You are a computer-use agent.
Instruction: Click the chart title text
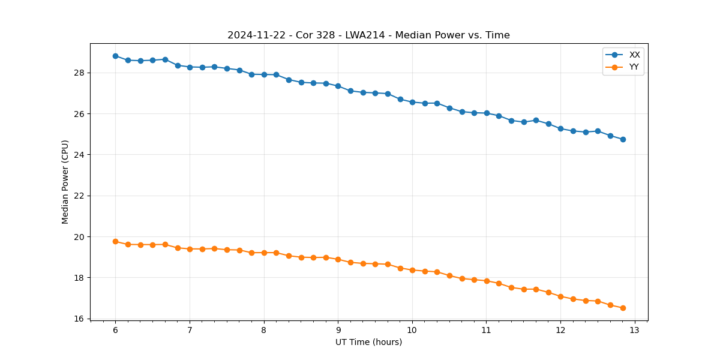[x=368, y=35]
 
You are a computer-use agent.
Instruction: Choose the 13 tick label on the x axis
[x=634, y=331]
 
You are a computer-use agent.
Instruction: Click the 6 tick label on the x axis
[x=115, y=331]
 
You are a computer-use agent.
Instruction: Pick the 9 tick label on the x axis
[x=338, y=331]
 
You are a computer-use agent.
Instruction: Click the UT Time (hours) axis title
[x=368, y=342]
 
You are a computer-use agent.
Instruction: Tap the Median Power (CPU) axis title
[x=65, y=182]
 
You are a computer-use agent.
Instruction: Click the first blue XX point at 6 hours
[x=115, y=56]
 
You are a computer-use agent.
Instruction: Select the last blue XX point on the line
[x=623, y=139]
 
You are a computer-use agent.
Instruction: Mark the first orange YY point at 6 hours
[x=115, y=241]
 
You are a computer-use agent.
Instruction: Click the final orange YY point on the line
[x=623, y=308]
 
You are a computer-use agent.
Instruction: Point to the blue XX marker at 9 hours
[x=338, y=86]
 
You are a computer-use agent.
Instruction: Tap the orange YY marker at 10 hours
[x=412, y=270]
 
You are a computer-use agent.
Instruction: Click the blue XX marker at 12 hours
[x=560, y=128]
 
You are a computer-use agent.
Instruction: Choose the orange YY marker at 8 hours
[x=264, y=253]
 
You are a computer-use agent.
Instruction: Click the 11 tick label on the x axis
[x=486, y=331]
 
